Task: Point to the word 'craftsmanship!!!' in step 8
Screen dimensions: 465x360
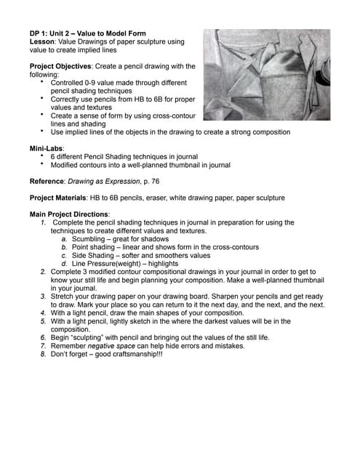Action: point(152,354)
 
